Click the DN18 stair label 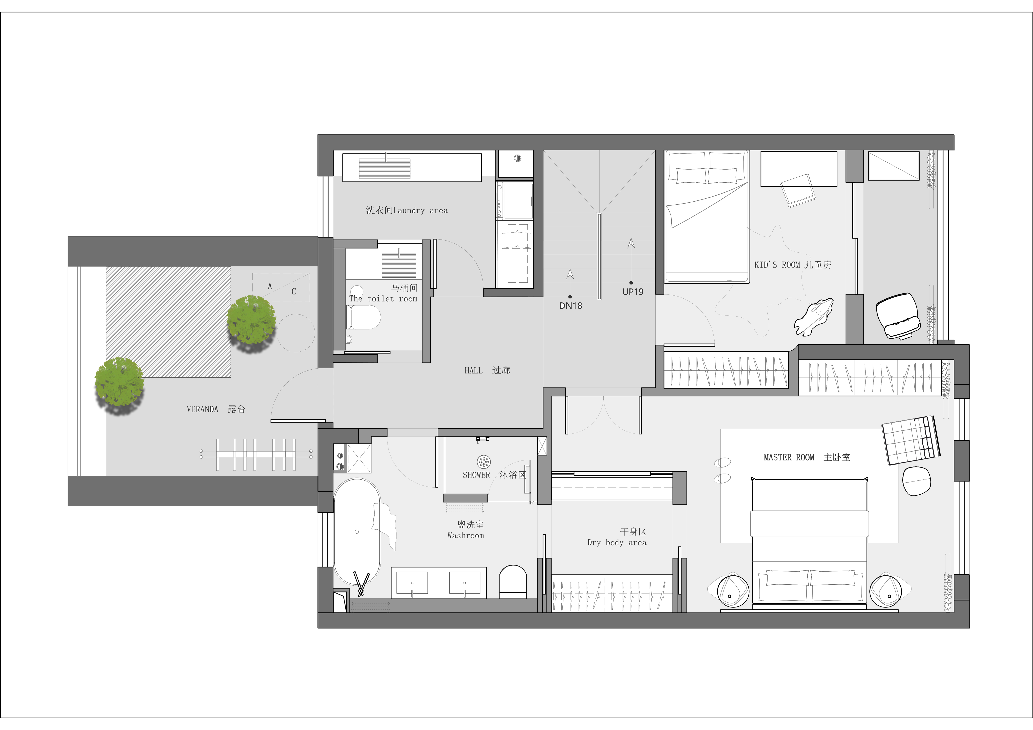[570, 306]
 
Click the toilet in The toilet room [364, 318]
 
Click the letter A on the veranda [270, 286]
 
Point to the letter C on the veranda [294, 291]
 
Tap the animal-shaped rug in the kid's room [814, 316]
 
